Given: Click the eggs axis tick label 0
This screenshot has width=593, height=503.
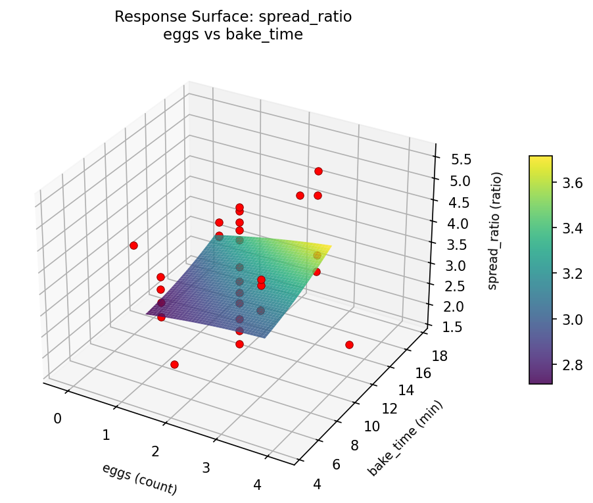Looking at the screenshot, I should (57, 419).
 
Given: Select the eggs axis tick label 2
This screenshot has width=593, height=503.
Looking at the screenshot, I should (155, 451).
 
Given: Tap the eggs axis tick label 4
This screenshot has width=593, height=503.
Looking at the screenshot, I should (257, 485).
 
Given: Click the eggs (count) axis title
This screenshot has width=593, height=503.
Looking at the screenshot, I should (139, 479).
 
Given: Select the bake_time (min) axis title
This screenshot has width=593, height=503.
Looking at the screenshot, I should (406, 437).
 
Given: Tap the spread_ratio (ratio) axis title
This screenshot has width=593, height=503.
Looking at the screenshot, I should (498, 231).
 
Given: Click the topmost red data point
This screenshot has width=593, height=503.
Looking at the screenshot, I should (318, 171).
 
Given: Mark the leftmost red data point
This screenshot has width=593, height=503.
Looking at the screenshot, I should (133, 245).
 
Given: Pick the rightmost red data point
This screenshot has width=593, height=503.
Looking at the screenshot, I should (349, 345).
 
